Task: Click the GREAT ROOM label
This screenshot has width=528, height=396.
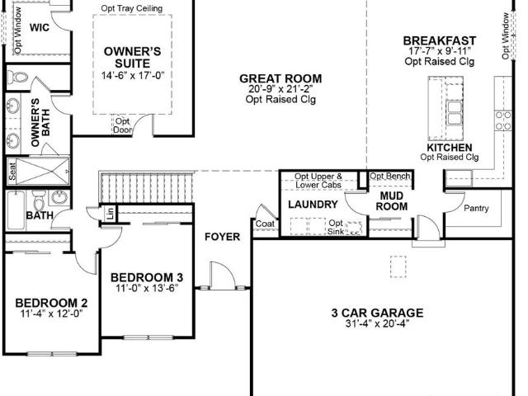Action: [x=280, y=78]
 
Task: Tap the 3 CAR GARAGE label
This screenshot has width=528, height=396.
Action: [x=378, y=313]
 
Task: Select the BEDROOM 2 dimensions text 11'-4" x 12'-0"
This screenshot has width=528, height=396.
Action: [x=51, y=313]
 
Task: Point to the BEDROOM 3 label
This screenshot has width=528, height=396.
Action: [x=147, y=277]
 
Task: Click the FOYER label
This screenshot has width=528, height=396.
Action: [x=223, y=237]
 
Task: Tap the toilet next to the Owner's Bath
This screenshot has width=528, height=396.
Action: [x=17, y=78]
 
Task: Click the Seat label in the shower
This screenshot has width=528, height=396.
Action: [x=12, y=171]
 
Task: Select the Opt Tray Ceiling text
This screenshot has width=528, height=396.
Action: [x=132, y=8]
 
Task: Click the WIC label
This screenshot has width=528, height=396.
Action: [x=40, y=27]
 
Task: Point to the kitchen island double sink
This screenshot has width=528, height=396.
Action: [x=454, y=113]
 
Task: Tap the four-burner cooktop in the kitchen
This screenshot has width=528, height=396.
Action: [x=503, y=121]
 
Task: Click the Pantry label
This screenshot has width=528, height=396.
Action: [x=476, y=208]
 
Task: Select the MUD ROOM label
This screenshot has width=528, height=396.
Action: [x=392, y=201]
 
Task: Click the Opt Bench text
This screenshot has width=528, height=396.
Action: [x=390, y=176]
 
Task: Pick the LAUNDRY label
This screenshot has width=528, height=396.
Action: [x=313, y=205]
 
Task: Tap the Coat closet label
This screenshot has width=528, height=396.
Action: [x=265, y=224]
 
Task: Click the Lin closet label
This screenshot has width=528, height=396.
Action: [x=111, y=213]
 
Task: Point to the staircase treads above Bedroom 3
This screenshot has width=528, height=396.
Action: [x=147, y=187]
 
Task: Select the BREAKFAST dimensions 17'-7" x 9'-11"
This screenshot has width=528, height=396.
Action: [x=440, y=51]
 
